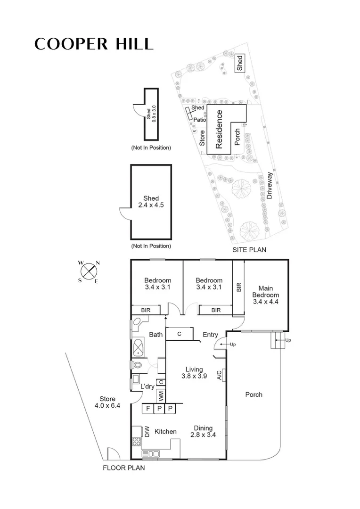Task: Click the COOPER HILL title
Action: click(94, 44)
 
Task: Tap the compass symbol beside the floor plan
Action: click(89, 271)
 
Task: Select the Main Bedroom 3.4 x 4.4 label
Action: click(266, 295)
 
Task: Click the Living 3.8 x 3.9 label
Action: click(194, 372)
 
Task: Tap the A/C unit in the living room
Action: click(220, 375)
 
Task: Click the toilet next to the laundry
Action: click(137, 365)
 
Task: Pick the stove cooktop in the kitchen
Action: click(136, 442)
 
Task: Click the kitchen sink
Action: click(151, 453)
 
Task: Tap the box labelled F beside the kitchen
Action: click(147, 409)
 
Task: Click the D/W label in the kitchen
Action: click(147, 431)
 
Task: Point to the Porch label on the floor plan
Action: click(254, 394)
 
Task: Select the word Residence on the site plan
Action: click(219, 130)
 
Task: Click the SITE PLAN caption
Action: click(249, 250)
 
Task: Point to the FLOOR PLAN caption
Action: click(124, 468)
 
